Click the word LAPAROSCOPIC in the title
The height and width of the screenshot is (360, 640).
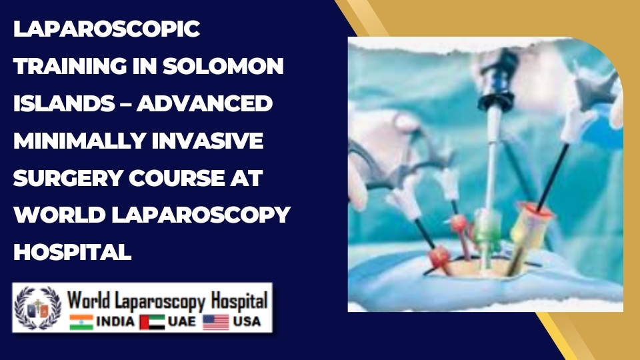click(x=107, y=30)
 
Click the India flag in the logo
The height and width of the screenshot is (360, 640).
click(x=81, y=322)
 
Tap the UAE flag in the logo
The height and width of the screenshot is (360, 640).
click(x=152, y=322)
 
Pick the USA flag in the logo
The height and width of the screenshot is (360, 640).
click(x=215, y=322)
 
